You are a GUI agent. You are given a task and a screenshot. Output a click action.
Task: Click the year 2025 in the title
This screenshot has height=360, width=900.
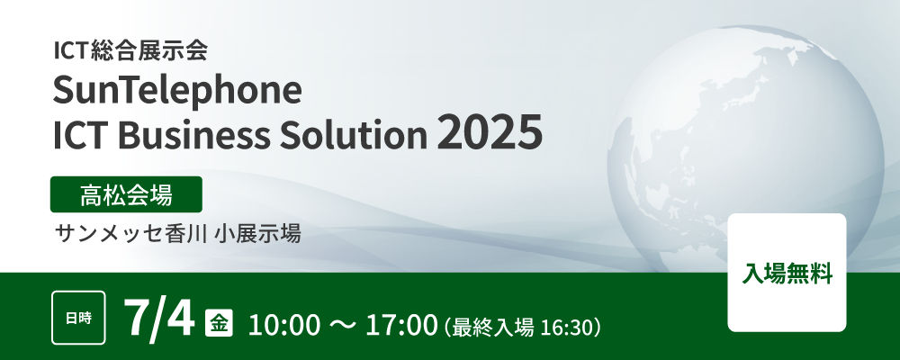click(x=490, y=132)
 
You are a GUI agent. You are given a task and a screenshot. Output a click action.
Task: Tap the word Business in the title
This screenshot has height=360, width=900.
click(x=195, y=134)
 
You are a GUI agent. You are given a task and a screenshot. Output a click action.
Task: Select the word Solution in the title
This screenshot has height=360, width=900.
click(x=353, y=134)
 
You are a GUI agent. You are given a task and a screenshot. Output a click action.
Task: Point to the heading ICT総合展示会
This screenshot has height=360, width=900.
click(x=130, y=51)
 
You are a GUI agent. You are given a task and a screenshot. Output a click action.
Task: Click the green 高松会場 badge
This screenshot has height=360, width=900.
click(x=126, y=194)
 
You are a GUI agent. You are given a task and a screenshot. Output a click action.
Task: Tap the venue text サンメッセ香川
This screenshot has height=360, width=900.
click(x=130, y=234)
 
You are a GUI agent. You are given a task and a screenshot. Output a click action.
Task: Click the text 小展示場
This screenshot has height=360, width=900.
click(x=257, y=234)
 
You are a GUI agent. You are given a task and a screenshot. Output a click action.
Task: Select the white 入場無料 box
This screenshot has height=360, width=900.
click(x=787, y=273)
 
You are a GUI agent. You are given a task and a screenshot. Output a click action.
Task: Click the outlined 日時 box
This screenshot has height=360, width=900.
click(x=78, y=318)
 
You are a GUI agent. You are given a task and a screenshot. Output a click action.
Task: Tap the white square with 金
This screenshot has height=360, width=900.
click(x=220, y=323)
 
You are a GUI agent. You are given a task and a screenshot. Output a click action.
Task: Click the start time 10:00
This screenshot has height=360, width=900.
click(x=284, y=326)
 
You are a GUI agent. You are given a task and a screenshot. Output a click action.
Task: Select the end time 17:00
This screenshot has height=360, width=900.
click(x=401, y=326)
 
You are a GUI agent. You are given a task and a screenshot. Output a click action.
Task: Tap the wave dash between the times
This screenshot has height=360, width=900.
click(x=343, y=326)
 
